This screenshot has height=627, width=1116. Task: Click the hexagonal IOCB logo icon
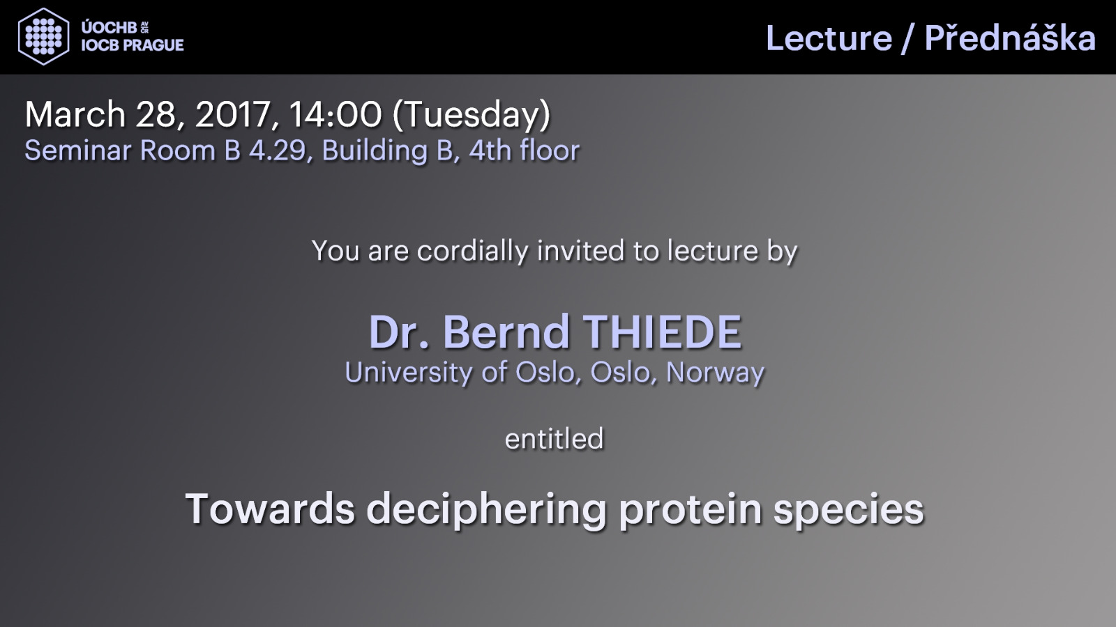(x=43, y=37)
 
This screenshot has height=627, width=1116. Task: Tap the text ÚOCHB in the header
(x=109, y=28)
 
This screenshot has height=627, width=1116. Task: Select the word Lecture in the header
(x=829, y=38)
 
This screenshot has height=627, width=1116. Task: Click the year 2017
(x=233, y=116)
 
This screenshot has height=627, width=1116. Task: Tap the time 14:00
(x=335, y=114)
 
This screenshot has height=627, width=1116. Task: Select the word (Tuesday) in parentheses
(x=472, y=116)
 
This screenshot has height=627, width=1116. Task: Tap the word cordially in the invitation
(x=472, y=251)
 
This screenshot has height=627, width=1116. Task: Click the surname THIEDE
(x=663, y=332)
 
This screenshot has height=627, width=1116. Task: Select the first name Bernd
(x=506, y=332)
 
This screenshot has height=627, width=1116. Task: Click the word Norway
(x=716, y=373)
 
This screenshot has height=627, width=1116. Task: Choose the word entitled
(x=554, y=438)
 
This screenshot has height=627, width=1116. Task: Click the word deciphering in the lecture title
(x=487, y=510)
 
